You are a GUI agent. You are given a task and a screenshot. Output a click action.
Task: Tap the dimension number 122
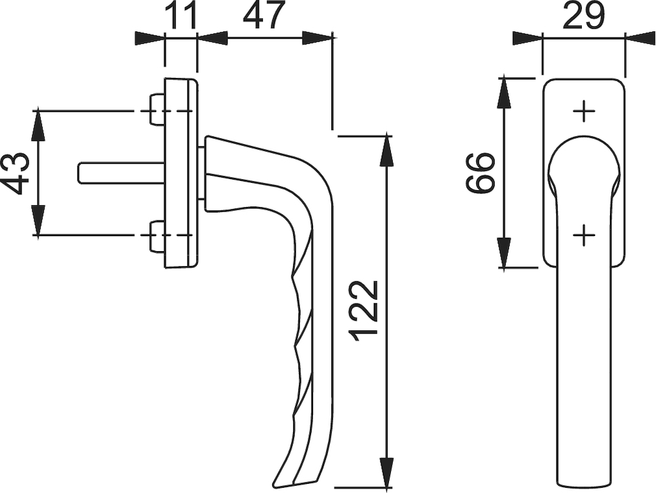(363, 311)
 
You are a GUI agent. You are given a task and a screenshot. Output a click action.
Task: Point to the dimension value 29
(584, 16)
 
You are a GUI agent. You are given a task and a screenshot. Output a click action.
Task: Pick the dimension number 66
(480, 173)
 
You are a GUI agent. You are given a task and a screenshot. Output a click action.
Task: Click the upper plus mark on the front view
(584, 111)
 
